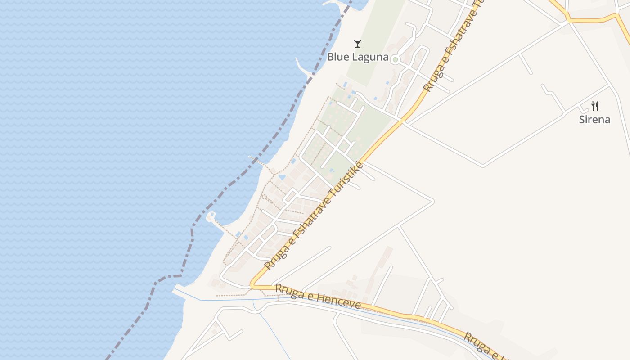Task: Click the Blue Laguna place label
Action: pos(357,57)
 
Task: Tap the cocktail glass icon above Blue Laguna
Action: pos(358,44)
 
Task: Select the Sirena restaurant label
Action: pos(594,120)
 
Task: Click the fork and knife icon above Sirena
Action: pos(594,106)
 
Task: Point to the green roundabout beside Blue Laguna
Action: pos(395,59)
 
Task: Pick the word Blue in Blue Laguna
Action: pos(337,57)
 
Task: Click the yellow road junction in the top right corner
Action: pos(569,20)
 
